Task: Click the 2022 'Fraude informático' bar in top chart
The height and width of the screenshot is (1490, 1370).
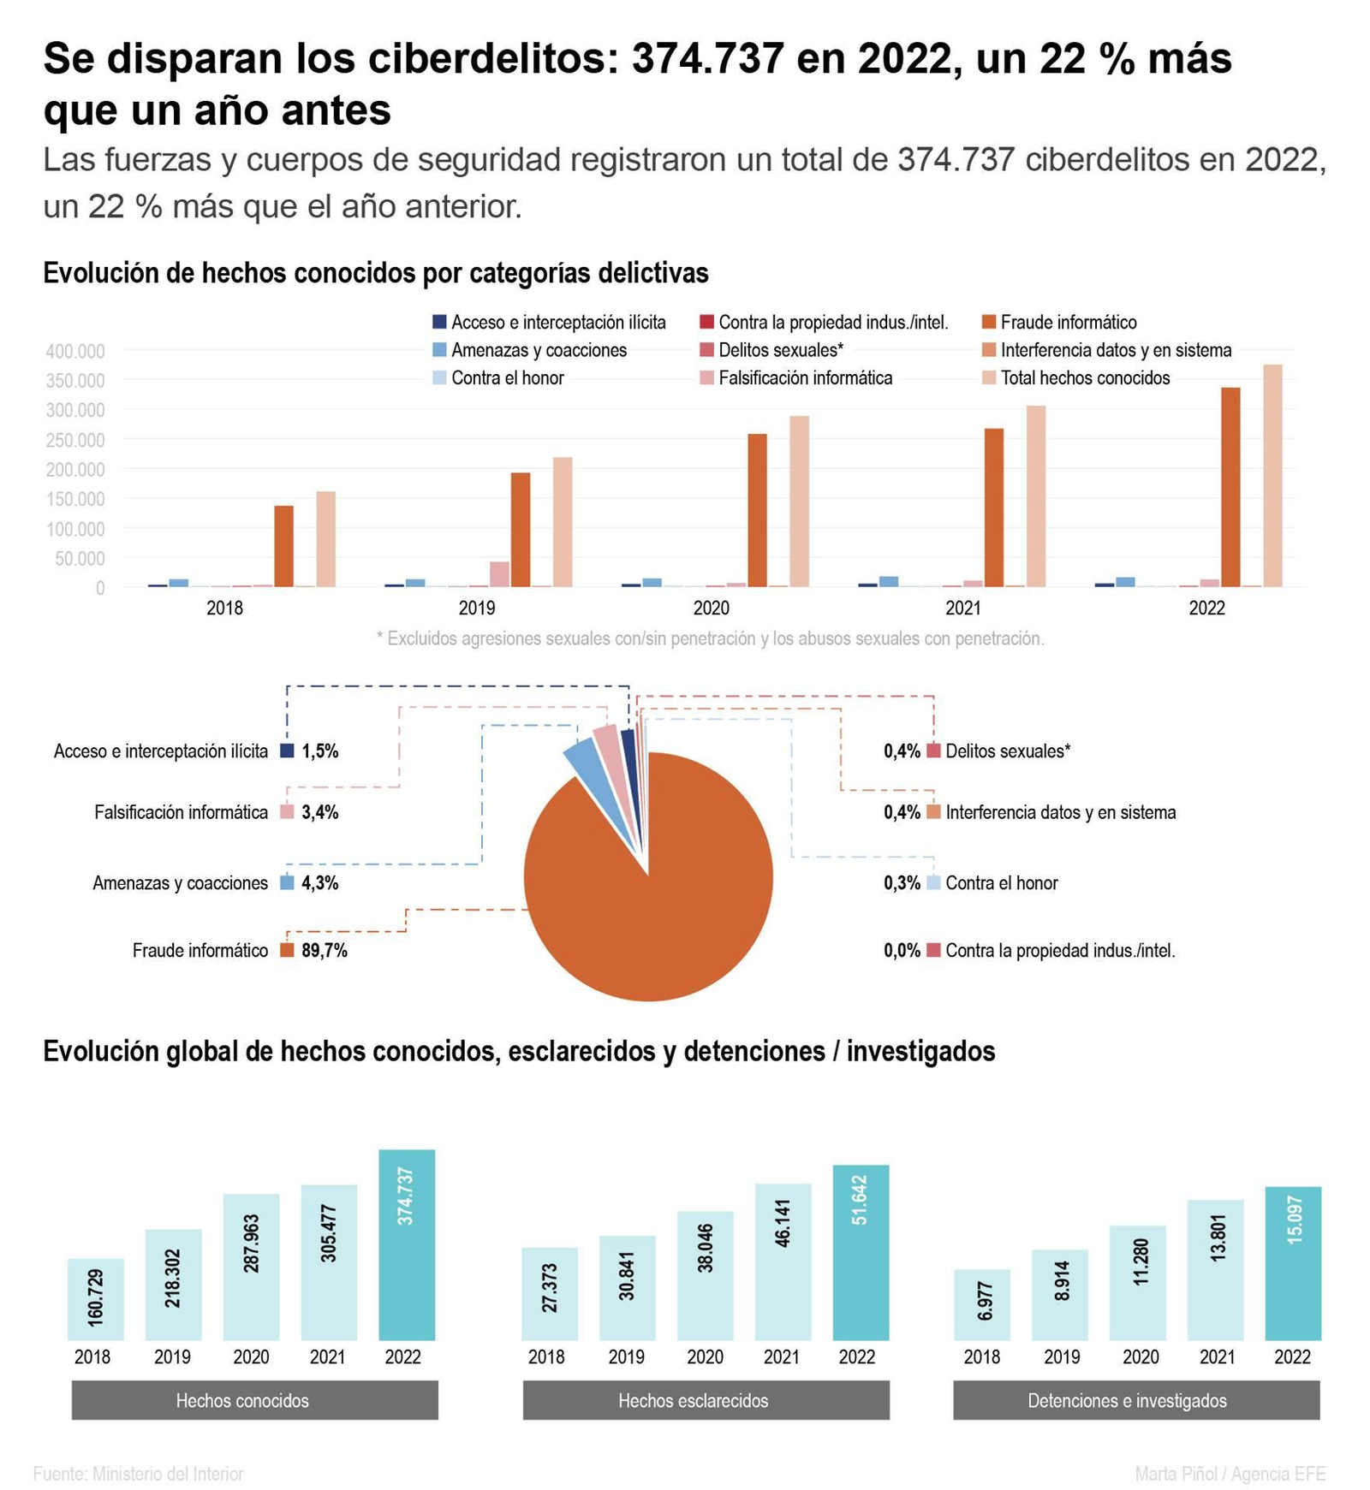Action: coord(1230,487)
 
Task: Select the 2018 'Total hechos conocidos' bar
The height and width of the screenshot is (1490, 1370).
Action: coord(325,539)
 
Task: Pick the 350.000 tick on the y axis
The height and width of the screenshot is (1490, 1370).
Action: coord(75,380)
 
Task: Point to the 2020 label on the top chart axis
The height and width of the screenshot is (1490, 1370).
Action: coord(711,608)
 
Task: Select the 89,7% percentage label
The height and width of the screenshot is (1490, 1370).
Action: coord(325,950)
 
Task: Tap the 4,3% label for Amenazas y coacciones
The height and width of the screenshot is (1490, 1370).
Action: coord(320,882)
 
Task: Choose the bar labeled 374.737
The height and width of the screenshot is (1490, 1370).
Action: coord(407,1244)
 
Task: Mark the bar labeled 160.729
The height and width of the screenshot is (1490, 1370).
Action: coord(96,1299)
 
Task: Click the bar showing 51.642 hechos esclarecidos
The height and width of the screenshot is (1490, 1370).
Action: coord(861,1252)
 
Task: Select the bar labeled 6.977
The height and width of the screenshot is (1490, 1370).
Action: coord(982,1304)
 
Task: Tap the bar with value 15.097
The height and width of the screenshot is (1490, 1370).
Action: coord(1293,1263)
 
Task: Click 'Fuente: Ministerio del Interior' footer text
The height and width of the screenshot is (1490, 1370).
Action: coord(139,1474)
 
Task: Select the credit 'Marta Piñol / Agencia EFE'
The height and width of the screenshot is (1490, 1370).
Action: coord(1230,1474)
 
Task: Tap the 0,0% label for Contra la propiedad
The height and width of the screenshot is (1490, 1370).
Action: coord(902,950)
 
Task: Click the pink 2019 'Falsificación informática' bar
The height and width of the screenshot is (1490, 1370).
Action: coord(499,574)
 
